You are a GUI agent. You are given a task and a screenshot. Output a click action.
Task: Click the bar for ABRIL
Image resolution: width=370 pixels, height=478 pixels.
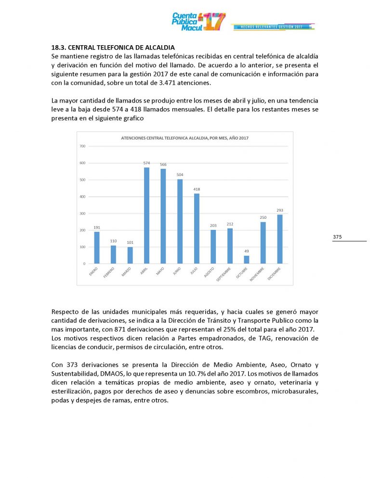pyautogui.click(x=146, y=215)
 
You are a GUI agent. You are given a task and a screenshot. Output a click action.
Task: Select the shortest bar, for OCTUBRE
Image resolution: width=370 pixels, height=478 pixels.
pyautogui.click(x=247, y=260)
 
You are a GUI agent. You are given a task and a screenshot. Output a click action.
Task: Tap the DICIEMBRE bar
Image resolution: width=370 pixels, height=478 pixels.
pyautogui.click(x=279, y=239)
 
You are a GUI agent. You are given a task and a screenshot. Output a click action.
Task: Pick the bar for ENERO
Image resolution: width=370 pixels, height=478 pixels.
pyautogui.click(x=97, y=248)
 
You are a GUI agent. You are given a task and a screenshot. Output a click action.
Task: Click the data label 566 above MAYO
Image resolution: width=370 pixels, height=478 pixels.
pyautogui.click(x=163, y=164)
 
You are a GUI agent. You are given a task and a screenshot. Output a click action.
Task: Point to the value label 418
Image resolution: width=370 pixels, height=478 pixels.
pyautogui.click(x=197, y=189)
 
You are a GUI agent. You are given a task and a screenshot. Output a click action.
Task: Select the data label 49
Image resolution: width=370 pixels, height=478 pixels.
pyautogui.click(x=247, y=251)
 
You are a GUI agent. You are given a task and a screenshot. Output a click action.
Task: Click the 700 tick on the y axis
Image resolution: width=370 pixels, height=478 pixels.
pyautogui.click(x=82, y=146)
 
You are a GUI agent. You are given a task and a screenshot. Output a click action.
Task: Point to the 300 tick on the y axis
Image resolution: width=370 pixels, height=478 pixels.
pyautogui.click(x=82, y=213)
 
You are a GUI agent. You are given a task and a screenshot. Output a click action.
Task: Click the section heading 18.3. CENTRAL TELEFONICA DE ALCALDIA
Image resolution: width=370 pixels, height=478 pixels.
pyautogui.click(x=113, y=48)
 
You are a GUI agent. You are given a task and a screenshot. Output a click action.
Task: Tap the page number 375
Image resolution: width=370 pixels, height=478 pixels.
pyautogui.click(x=337, y=237)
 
